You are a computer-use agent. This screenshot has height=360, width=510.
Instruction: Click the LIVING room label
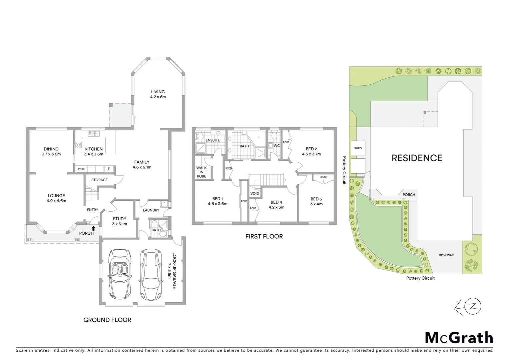tap(158, 92)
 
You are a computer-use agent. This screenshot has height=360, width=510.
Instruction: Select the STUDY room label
tap(119, 219)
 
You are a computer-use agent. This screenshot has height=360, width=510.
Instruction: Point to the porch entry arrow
tap(94, 229)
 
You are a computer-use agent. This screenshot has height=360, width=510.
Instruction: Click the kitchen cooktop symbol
tap(79, 145)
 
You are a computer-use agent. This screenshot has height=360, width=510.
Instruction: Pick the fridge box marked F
tap(109, 169)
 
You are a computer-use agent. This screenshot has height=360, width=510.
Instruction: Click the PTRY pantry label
tap(81, 169)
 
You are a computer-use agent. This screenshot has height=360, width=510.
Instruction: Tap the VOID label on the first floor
tap(255, 194)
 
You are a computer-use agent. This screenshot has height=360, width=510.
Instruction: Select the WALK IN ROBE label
tap(201, 172)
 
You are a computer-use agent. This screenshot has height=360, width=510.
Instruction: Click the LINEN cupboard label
tap(228, 168)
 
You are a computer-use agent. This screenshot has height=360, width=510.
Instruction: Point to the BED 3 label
tap(316, 199)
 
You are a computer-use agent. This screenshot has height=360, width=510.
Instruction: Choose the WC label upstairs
tap(277, 146)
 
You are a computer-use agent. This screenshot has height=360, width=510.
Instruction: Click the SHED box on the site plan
tap(358, 148)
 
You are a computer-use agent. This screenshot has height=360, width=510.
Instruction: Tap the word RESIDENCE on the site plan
tap(417, 158)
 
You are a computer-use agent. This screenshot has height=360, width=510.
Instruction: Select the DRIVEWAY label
tap(446, 255)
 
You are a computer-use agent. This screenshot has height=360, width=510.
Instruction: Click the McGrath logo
tap(459, 338)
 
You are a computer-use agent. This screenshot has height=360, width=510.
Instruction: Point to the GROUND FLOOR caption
tap(107, 320)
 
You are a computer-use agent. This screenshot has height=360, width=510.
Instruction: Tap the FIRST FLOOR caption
tap(264, 237)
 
